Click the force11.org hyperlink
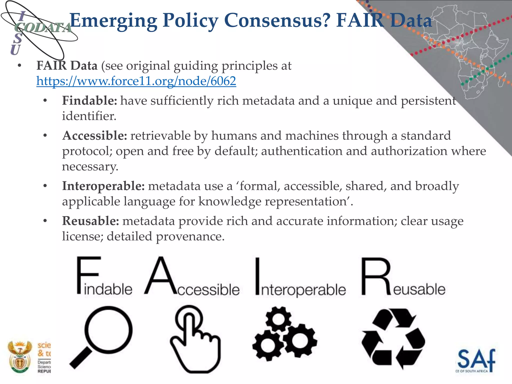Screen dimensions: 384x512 136,81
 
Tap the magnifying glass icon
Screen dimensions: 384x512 102,335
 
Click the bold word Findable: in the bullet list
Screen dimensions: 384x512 89,101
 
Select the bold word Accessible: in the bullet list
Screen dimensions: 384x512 95,136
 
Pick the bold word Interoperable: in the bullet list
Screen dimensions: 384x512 103,186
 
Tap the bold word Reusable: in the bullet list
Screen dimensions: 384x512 90,221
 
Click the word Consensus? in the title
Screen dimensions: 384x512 277,20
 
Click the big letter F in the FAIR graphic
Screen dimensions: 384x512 88,275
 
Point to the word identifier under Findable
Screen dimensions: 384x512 89,116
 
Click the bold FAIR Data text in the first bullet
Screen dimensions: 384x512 67,66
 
